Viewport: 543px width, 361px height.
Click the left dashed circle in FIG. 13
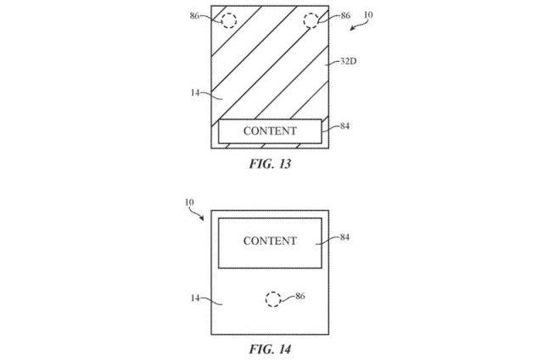222,20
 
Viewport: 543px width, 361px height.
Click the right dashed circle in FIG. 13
304,20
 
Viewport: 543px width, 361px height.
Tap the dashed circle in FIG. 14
266,299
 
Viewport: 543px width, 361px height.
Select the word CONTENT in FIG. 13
270,131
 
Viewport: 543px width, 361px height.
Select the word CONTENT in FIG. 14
270,241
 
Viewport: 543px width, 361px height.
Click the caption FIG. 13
270,164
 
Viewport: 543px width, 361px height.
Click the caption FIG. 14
270,349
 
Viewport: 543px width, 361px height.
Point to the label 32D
349,62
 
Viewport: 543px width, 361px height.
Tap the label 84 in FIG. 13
344,126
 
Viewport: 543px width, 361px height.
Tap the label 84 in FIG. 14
344,237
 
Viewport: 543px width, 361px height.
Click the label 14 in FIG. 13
195,92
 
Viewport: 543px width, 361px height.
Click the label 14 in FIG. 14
195,297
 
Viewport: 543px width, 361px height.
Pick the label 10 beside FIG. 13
368,15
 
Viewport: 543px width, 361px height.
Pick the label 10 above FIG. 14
189,203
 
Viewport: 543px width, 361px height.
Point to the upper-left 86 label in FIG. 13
194,15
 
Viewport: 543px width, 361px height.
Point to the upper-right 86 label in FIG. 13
345,15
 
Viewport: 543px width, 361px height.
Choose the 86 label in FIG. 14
299,296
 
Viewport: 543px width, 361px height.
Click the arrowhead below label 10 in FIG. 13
352,28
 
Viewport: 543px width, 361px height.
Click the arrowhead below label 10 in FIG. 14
201,218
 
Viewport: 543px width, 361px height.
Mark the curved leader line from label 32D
333,64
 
